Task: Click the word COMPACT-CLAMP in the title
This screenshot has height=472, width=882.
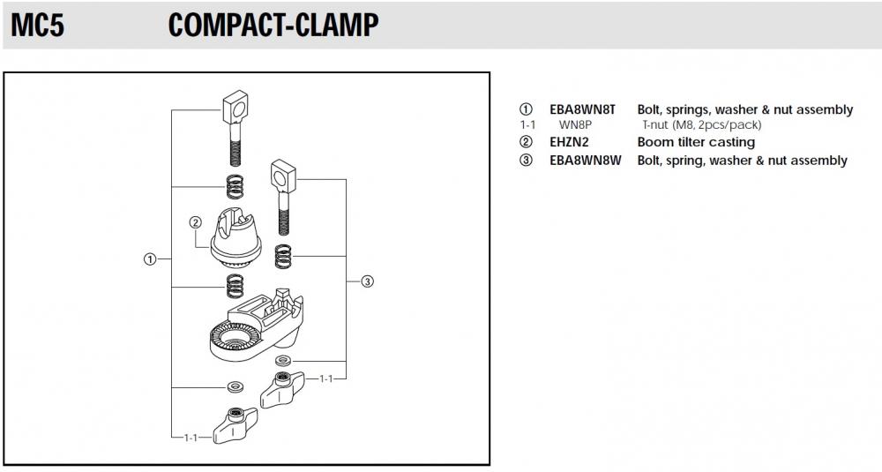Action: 273,26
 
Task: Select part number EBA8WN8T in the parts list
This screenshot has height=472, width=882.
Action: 582,110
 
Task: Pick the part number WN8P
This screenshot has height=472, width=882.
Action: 574,125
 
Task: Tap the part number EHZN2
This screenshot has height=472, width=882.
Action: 569,142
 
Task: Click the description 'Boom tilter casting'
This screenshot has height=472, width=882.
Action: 696,142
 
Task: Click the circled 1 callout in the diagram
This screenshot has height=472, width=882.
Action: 150,259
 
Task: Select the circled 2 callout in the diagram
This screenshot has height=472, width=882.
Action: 195,222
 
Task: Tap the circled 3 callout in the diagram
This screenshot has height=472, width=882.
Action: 368,281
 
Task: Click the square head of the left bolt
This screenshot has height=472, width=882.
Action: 235,109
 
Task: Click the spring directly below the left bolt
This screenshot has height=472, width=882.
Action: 235,187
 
